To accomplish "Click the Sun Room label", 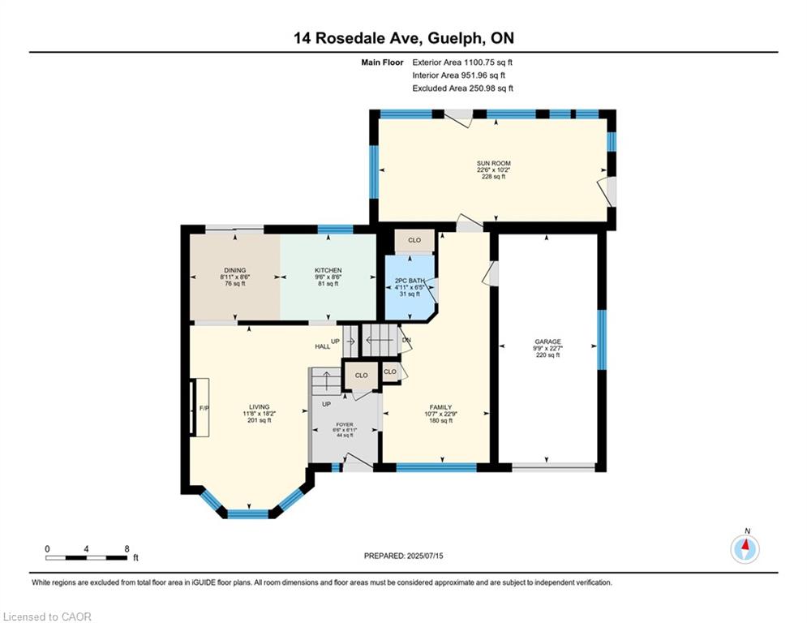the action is pyautogui.click(x=494, y=163).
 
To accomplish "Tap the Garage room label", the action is pyautogui.click(x=547, y=342).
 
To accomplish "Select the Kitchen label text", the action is pyautogui.click(x=328, y=270).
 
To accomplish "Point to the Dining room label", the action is pyautogui.click(x=235, y=270).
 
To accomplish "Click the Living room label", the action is pyautogui.click(x=260, y=406).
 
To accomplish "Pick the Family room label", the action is pyautogui.click(x=441, y=407).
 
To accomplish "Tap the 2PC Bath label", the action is pyautogui.click(x=410, y=281).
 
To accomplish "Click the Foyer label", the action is pyautogui.click(x=345, y=425).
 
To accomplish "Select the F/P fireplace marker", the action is pyautogui.click(x=204, y=408).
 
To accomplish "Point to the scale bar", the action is pyautogui.click(x=86, y=557).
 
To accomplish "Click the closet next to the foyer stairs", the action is pyautogui.click(x=361, y=376).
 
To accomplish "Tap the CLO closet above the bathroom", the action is pyautogui.click(x=414, y=240).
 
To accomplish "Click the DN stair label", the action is pyautogui.click(x=406, y=341).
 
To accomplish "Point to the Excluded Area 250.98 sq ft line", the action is pyautogui.click(x=462, y=88).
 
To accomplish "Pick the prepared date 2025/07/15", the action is pyautogui.click(x=425, y=556).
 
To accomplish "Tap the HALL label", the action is pyautogui.click(x=323, y=346).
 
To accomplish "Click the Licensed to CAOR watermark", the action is pyautogui.click(x=47, y=617).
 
